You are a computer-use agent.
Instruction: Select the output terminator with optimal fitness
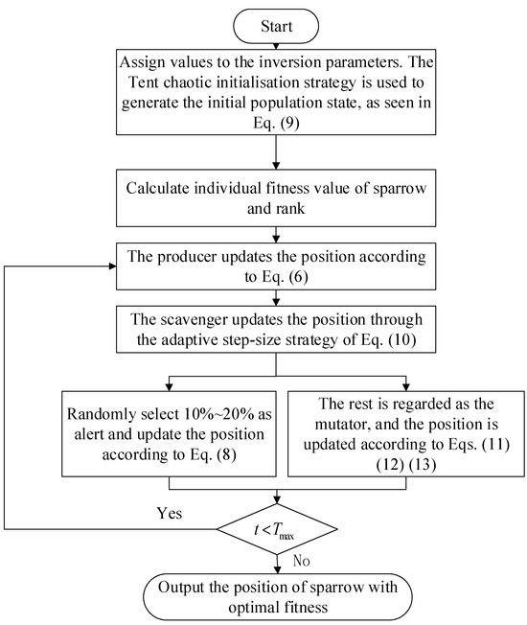[276, 595]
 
